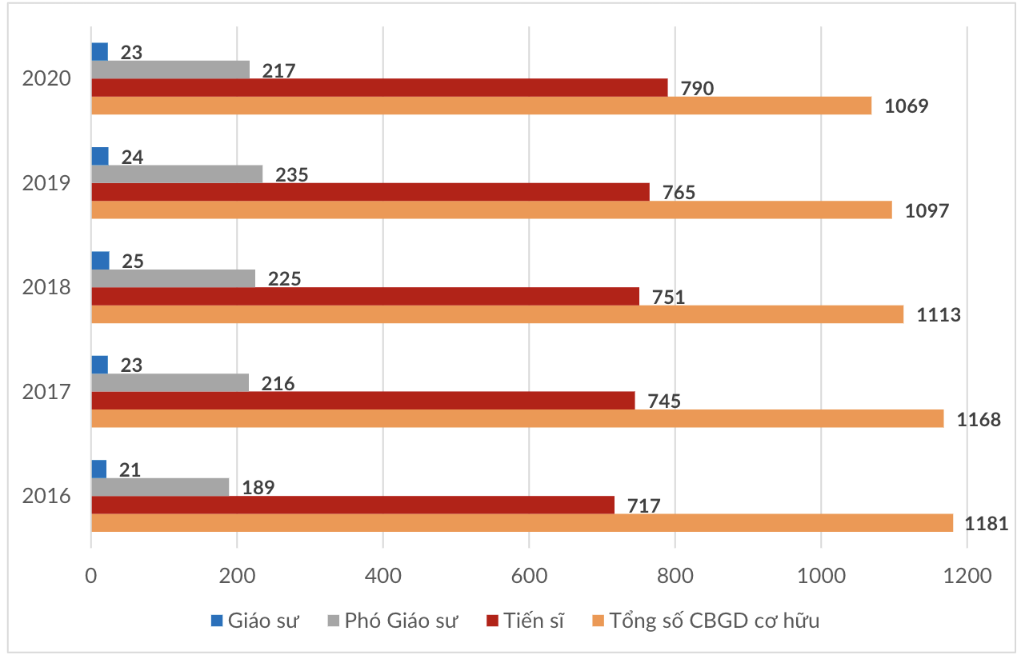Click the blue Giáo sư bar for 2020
click(x=100, y=52)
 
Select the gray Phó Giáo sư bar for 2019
click(x=177, y=174)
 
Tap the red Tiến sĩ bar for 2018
click(x=365, y=296)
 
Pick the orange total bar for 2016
click(x=522, y=522)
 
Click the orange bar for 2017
click(x=517, y=418)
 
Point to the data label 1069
click(x=906, y=106)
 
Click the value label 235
click(x=292, y=174)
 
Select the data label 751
click(x=669, y=297)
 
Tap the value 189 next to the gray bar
click(x=258, y=487)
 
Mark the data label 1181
click(x=985, y=524)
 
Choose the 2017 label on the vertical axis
click(x=47, y=392)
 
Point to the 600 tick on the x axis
click(x=529, y=577)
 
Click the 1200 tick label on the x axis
click(x=967, y=577)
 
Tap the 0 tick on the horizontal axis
click(x=91, y=577)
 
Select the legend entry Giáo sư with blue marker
click(x=255, y=621)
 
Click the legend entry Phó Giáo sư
click(x=393, y=621)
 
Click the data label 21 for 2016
click(x=130, y=469)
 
